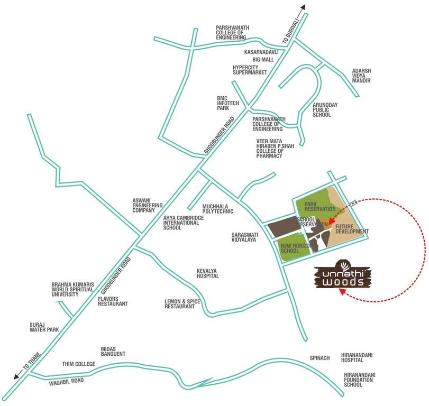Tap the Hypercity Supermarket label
(250, 70)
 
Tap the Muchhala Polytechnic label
(217, 208)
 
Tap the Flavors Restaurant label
(113, 301)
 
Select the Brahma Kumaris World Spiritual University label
(72, 289)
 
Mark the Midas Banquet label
(113, 352)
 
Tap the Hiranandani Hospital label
(359, 357)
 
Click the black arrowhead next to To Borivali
(303, 7)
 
